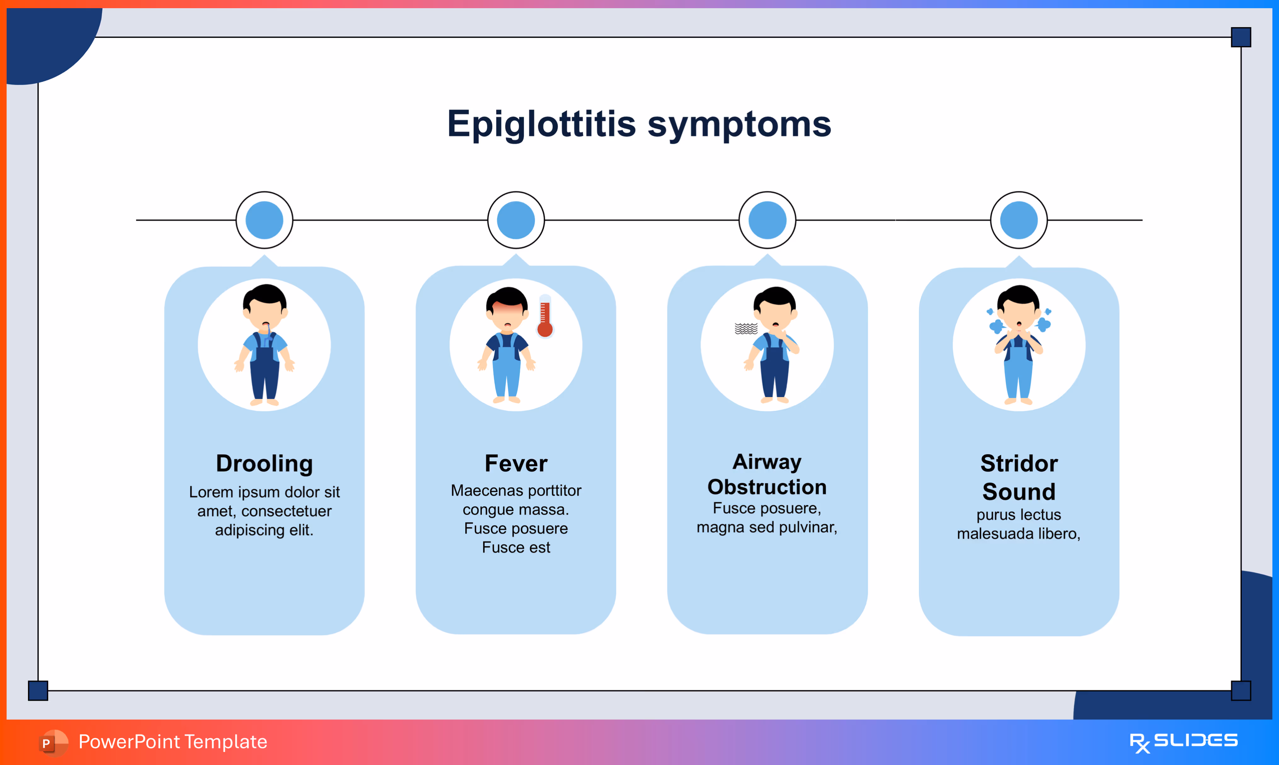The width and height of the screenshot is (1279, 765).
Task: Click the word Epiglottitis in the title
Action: pos(541,124)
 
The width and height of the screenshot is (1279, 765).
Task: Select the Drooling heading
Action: pos(264,463)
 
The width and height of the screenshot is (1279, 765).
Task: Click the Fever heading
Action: pos(516,463)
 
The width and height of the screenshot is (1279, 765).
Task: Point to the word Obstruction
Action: pos(767,487)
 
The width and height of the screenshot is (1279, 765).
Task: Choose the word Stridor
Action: pos(1019,463)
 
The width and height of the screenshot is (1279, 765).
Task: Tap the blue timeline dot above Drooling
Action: pos(264,220)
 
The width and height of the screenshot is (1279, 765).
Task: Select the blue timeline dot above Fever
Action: pos(516,220)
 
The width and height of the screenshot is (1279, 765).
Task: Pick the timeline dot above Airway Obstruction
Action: pos(767,220)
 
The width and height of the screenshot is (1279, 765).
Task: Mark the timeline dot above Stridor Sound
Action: pos(1019,220)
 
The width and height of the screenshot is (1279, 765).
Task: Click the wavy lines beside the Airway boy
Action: pos(746,328)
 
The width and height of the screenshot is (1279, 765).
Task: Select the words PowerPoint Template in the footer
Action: pos(173,742)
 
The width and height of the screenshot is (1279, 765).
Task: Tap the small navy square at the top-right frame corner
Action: pos(1241,37)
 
